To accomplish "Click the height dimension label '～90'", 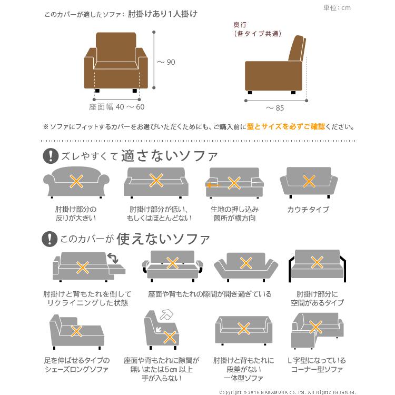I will click(166, 62).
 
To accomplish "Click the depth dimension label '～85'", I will click(274, 108).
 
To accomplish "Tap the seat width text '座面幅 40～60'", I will click(116, 106).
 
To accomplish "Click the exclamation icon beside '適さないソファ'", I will click(50, 155).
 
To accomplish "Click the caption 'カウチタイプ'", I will click(308, 210).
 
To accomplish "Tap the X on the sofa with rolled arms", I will click(76, 182).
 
